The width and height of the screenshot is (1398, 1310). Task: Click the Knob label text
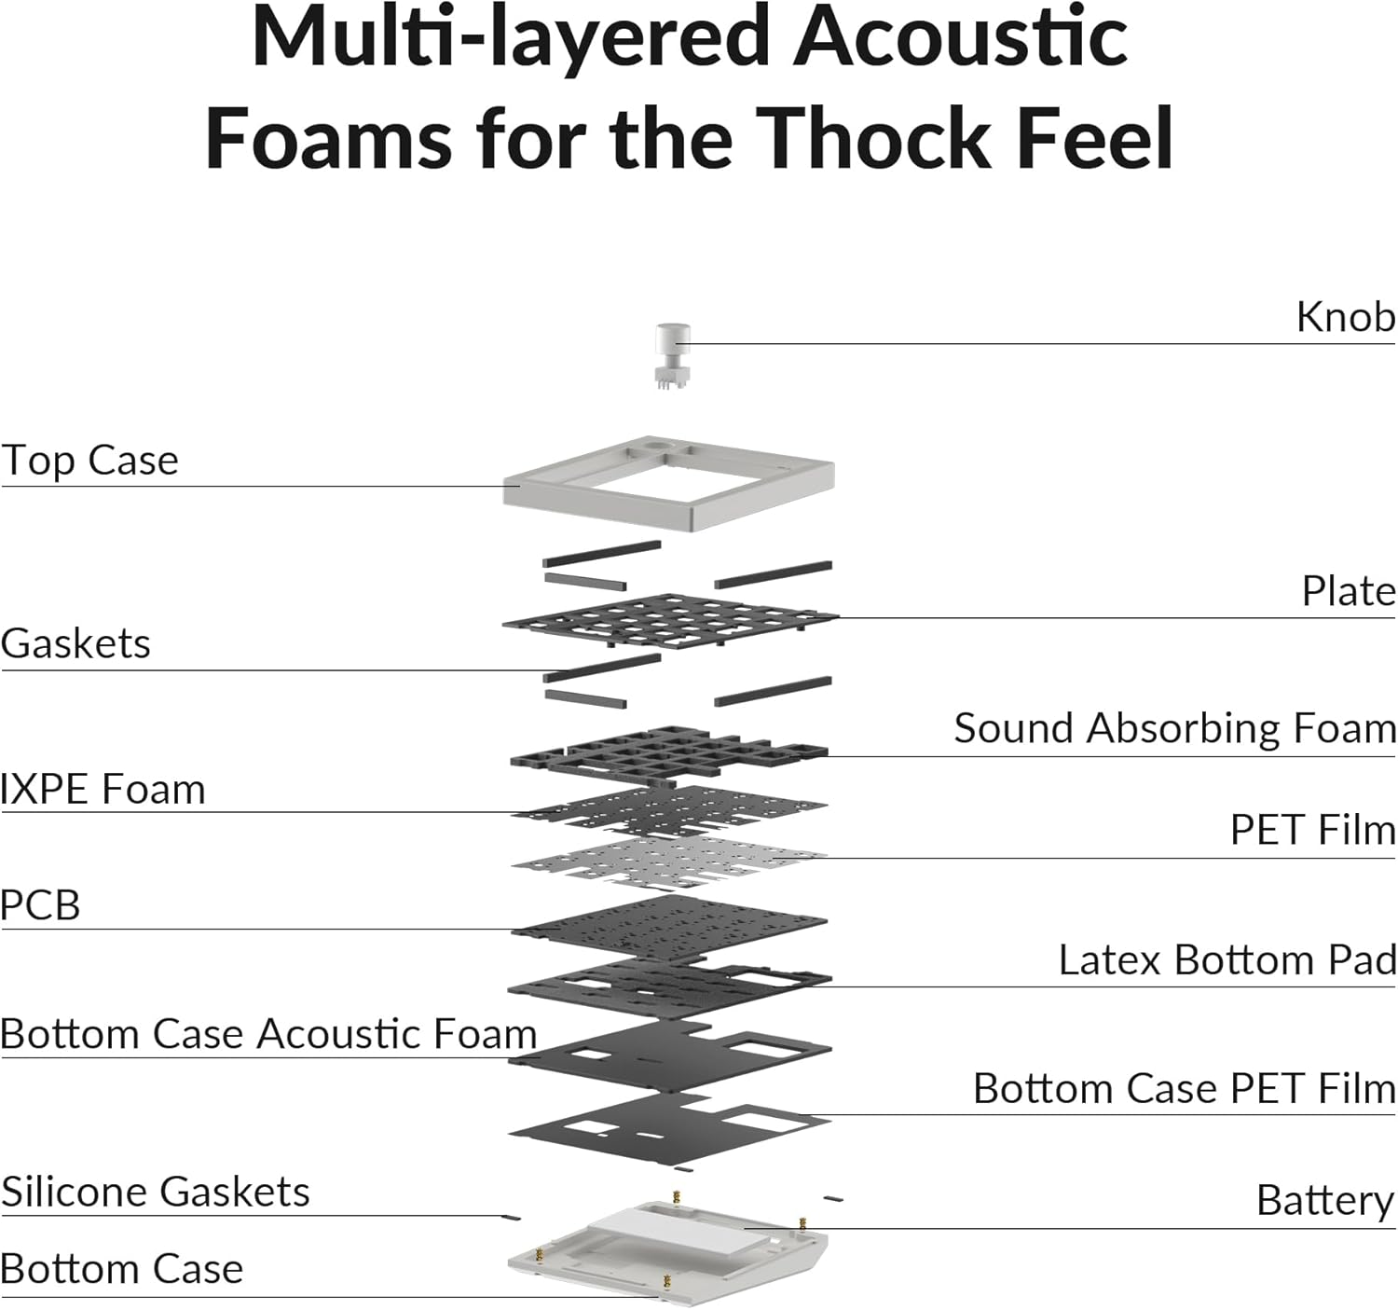[1345, 318]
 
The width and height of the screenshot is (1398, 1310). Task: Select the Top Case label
[89, 461]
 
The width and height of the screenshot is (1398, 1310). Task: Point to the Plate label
[1348, 592]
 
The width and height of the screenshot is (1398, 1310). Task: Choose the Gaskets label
[75, 644]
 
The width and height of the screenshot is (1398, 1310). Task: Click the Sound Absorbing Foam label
[1174, 729]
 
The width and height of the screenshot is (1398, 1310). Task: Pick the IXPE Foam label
[103, 790]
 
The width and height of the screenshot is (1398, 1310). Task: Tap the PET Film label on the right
[1312, 831]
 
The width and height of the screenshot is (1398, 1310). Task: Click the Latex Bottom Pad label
[1227, 961]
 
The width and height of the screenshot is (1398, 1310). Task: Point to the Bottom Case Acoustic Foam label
[268, 1035]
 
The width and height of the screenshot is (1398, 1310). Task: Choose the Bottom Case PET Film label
[1184, 1089]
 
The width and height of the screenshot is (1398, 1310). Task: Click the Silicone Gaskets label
[155, 1193]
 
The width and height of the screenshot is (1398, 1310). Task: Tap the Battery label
[1324, 1201]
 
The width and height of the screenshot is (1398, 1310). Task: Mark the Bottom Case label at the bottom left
[121, 1270]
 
